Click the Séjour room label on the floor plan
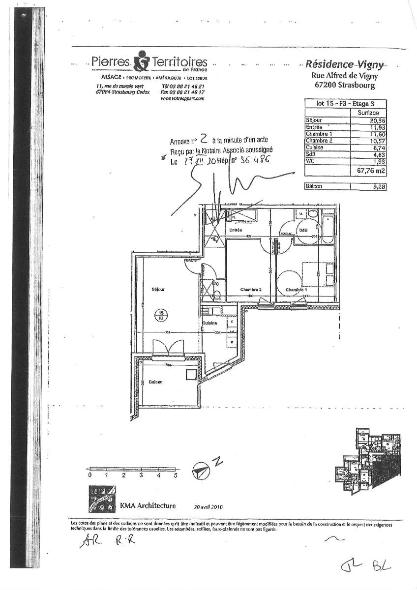coord(158,290)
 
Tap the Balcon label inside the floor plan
coord(156,382)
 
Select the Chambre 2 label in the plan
coord(250,290)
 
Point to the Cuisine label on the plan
coord(210,323)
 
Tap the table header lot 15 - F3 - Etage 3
coord(345,104)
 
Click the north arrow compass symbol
coord(201,471)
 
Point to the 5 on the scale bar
coord(176,475)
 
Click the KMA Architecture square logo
coord(102,499)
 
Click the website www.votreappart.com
coord(182,98)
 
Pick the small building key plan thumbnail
coord(368,460)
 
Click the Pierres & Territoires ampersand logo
coord(141,61)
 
